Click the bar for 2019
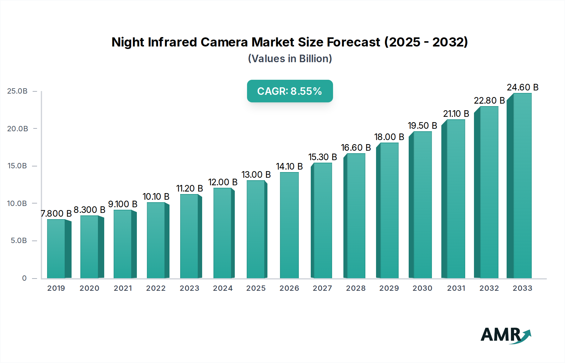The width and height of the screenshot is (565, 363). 56,249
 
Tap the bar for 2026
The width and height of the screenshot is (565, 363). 289,225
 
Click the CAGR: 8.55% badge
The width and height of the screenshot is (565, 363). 290,91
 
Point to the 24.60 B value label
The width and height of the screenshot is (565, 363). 522,87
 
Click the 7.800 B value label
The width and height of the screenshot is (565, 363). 56,214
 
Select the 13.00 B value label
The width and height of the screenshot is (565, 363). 256,175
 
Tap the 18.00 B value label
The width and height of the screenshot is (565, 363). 389,137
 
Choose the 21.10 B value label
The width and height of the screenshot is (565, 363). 456,114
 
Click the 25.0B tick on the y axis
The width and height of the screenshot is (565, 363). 17,91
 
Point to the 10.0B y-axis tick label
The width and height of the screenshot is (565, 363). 17,203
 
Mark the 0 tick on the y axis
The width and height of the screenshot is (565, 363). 24,278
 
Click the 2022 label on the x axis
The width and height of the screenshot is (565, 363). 156,288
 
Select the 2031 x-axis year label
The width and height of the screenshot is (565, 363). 456,288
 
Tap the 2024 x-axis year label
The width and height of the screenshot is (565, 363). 223,288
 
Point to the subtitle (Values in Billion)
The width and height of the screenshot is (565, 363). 290,59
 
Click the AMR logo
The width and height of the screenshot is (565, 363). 505,335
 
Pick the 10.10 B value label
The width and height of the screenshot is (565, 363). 156,197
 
